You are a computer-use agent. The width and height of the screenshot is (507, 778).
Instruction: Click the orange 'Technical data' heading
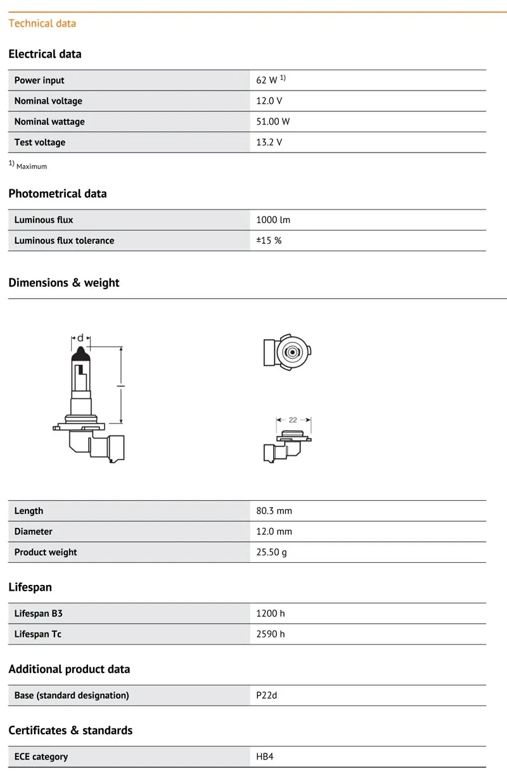coord(42,23)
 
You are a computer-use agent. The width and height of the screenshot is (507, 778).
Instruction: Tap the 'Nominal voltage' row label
coord(48,101)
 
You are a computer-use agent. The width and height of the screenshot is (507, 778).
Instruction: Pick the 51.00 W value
coord(273,122)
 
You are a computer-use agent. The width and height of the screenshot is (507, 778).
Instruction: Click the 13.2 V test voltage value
coord(269,142)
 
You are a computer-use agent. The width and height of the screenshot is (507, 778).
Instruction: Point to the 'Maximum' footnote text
coord(32,166)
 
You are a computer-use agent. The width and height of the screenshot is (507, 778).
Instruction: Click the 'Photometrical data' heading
coord(58,194)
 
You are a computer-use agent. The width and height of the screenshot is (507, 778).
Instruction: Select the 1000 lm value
coord(273,220)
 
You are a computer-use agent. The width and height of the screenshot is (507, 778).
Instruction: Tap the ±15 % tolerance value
coord(269,241)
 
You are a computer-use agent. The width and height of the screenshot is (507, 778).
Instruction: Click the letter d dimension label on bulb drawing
coord(80,338)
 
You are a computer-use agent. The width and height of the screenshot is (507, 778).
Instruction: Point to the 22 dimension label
coord(293,420)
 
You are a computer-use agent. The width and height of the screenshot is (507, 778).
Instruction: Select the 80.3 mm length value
coord(274,511)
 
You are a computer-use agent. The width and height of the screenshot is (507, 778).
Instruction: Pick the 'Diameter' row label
coord(34,532)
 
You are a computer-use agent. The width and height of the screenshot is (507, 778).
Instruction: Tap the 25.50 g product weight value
coord(271,552)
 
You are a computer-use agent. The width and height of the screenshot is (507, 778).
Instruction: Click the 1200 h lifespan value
coord(271,613)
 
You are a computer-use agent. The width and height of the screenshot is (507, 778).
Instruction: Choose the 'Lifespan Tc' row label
coord(38,634)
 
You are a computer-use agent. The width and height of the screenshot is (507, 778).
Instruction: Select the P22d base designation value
coord(267,695)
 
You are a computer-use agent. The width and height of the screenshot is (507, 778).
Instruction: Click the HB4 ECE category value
coord(265,756)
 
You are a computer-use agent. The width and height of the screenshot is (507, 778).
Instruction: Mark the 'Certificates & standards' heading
coord(70,731)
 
